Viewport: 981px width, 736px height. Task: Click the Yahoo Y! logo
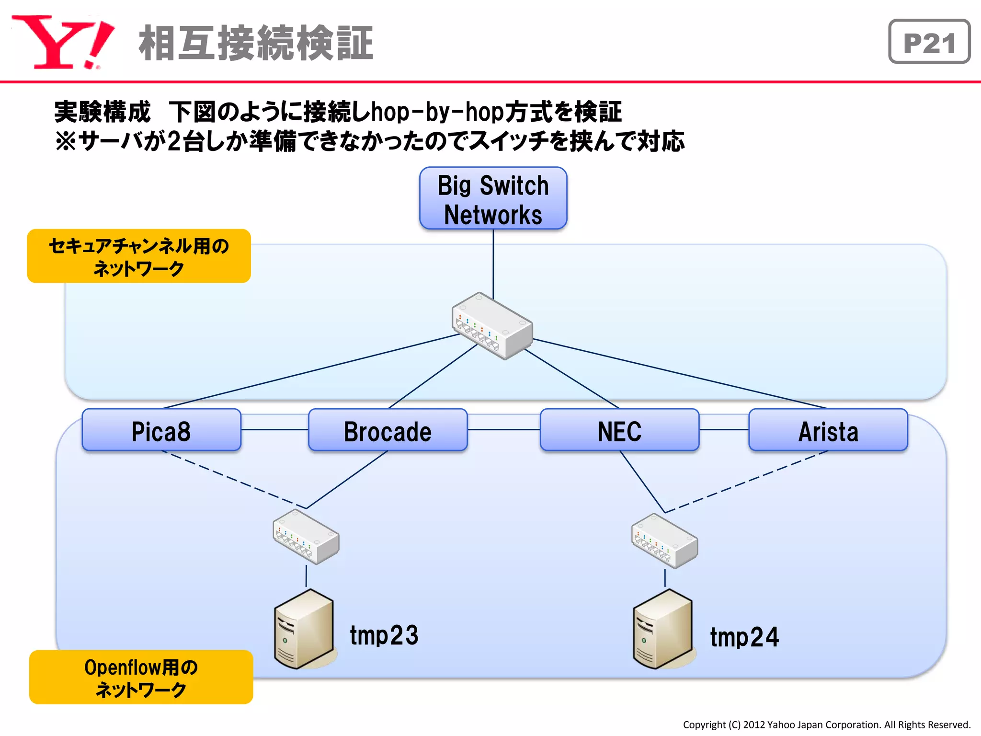pyautogui.click(x=62, y=42)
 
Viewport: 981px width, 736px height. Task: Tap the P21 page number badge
pyautogui.click(x=929, y=42)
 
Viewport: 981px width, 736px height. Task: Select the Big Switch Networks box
pyautogui.click(x=493, y=198)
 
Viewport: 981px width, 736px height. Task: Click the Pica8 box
pyautogui.click(x=161, y=430)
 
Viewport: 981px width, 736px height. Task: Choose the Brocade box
pyautogui.click(x=388, y=430)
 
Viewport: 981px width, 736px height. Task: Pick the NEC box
pyautogui.click(x=619, y=430)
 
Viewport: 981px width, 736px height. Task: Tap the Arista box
pyautogui.click(x=828, y=430)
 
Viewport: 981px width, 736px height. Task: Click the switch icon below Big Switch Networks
pyautogui.click(x=492, y=326)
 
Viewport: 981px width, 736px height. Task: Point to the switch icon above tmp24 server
pyautogui.click(x=664, y=541)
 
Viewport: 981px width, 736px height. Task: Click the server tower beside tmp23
pyautogui.click(x=304, y=629)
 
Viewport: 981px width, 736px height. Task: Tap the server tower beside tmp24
pyautogui.click(x=662, y=629)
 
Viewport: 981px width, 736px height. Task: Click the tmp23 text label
pyautogui.click(x=384, y=635)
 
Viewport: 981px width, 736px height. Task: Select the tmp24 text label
pyautogui.click(x=744, y=637)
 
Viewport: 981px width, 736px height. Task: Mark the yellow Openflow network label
pyautogui.click(x=141, y=677)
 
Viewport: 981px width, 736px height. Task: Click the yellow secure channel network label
pyautogui.click(x=139, y=256)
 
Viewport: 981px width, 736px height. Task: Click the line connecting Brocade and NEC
pyautogui.click(x=503, y=430)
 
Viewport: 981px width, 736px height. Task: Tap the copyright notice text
pyautogui.click(x=826, y=724)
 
